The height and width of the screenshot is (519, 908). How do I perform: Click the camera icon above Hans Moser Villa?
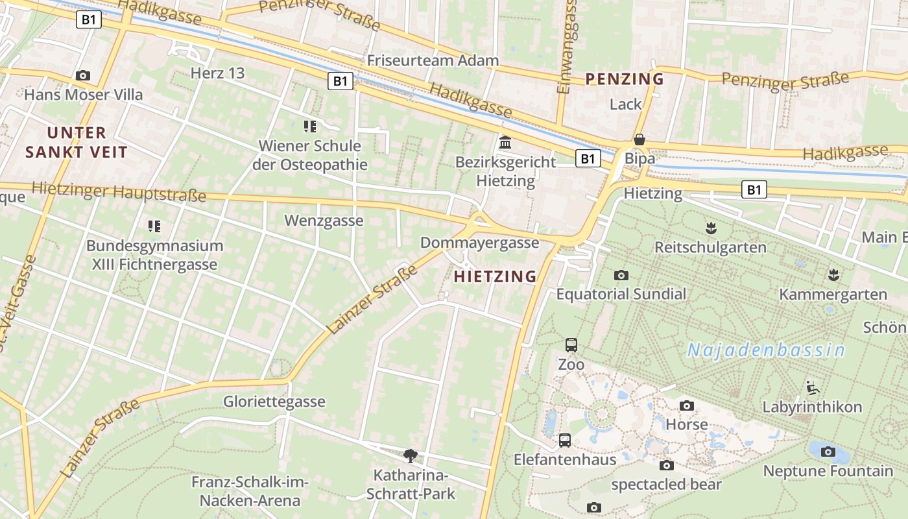(82, 75)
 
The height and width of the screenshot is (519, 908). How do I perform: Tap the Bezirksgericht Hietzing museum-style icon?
(505, 142)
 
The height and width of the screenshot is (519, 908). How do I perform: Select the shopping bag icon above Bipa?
(639, 139)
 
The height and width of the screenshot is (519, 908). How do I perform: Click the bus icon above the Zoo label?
(571, 345)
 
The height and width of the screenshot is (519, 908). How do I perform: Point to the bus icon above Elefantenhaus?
(565, 441)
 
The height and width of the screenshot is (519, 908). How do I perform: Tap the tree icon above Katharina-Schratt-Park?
(410, 455)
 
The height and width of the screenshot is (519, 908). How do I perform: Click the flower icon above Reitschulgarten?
(711, 228)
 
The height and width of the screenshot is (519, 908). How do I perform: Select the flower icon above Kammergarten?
(833, 275)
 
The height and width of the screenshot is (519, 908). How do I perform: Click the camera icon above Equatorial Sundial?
(621, 275)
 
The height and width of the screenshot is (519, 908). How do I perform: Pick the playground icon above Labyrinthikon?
(812, 388)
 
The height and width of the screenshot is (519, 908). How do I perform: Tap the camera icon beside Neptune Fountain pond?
(828, 452)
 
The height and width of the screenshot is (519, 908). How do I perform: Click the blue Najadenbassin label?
(766, 350)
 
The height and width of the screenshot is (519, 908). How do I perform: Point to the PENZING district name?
(625, 79)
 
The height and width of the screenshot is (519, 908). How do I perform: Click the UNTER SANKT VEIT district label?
(77, 143)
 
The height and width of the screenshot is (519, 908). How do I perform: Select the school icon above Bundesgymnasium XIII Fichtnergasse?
(154, 226)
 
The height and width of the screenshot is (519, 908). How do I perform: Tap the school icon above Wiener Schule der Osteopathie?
(310, 126)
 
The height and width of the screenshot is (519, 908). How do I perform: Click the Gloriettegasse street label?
(274, 402)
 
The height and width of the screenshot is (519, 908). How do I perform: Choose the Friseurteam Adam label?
(433, 60)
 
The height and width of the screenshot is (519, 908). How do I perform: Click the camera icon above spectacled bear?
(666, 465)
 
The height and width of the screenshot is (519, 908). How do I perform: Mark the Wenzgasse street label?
(324, 221)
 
